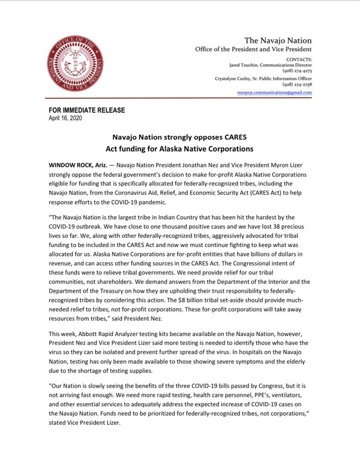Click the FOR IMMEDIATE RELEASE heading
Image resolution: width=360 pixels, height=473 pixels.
[x=87, y=110]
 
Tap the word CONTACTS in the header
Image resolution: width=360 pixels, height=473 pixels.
[x=299, y=60]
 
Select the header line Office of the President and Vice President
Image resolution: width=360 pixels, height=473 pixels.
[x=253, y=49]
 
